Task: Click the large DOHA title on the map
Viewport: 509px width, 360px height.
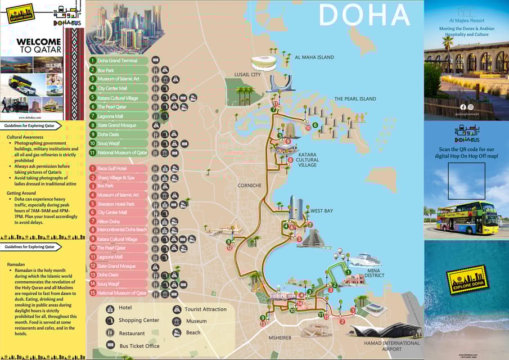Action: pyautogui.click(x=364, y=15)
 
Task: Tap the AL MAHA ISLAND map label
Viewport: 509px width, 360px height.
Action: pyautogui.click(x=314, y=57)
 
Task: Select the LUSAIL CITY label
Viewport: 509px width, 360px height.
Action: pyautogui.click(x=247, y=74)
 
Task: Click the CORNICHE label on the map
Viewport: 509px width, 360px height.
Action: pyautogui.click(x=249, y=185)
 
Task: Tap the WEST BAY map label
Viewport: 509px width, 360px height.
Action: pyautogui.click(x=322, y=211)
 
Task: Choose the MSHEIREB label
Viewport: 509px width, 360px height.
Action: pyautogui.click(x=280, y=337)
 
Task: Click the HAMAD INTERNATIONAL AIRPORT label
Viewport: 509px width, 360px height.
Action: pyautogui.click(x=391, y=346)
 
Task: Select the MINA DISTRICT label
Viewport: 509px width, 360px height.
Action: pyautogui.click(x=374, y=272)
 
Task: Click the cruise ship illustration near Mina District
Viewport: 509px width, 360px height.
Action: pyautogui.click(x=366, y=260)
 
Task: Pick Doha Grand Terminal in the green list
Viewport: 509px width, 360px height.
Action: pyautogui.click(x=118, y=60)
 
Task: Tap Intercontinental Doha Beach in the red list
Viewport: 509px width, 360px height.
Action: pyautogui.click(x=121, y=230)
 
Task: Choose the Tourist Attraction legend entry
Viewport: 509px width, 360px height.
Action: pyautogui.click(x=205, y=309)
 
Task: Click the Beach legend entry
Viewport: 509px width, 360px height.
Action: pyautogui.click(x=193, y=332)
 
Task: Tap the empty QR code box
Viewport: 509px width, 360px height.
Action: pyautogui.click(x=466, y=181)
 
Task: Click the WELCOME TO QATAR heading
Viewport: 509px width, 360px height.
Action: pyautogui.click(x=39, y=46)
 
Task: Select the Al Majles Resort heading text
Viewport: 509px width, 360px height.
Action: pyautogui.click(x=466, y=20)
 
